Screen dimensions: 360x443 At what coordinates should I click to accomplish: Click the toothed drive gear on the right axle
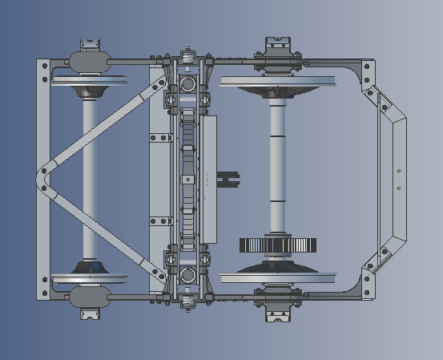(x=278, y=245)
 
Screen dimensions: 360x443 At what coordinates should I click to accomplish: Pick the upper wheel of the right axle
(x=277, y=82)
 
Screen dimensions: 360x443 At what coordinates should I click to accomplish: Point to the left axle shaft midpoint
(x=90, y=178)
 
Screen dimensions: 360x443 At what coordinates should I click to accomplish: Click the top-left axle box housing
(x=91, y=61)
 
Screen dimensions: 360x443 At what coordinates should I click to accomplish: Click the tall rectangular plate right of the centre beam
(x=209, y=178)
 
